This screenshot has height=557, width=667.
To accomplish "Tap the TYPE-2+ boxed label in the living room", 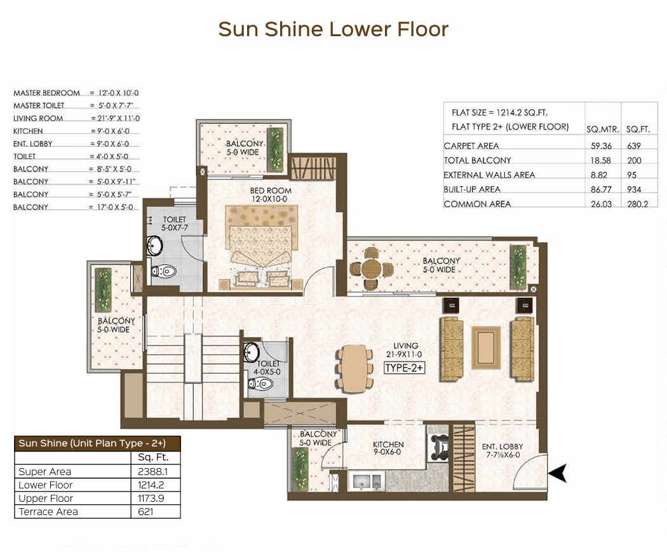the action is [404, 368].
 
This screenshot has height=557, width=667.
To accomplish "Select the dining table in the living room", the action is [354, 368].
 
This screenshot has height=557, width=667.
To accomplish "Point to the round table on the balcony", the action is [372, 269].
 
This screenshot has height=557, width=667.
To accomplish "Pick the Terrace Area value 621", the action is [145, 511].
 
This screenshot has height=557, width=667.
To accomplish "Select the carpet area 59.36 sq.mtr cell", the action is [601, 146].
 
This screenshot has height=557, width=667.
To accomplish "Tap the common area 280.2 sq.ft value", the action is [638, 204].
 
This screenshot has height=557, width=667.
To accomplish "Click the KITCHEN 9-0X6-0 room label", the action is [388, 448].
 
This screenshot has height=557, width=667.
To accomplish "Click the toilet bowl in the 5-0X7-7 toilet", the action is [164, 271].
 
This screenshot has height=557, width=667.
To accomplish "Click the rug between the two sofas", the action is [486, 348].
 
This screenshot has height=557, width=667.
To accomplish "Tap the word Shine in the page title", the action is [294, 29].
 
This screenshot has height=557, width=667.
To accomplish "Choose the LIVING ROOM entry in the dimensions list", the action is [38, 118].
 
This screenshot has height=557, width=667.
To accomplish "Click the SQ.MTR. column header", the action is [602, 130].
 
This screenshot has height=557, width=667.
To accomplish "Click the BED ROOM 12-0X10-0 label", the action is [271, 195].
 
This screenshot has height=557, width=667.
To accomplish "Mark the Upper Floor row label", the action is [46, 499].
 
